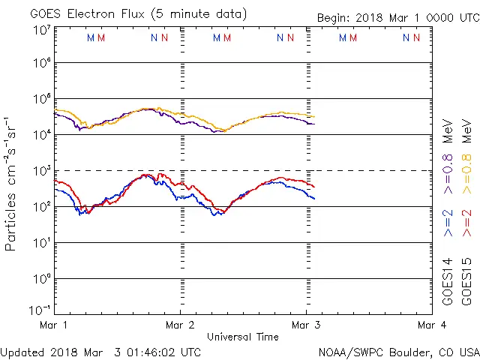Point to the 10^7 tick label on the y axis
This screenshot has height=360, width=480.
point(41,30)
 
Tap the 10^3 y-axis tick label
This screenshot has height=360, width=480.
point(41,169)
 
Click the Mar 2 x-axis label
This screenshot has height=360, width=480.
point(180,325)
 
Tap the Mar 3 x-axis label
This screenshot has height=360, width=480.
point(305,325)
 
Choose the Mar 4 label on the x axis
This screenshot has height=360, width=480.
point(431,325)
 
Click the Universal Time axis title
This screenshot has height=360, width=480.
point(242,337)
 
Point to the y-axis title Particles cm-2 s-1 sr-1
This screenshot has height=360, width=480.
point(10,184)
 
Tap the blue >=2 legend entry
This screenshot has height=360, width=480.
point(448,223)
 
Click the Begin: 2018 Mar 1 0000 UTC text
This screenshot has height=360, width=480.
point(397,17)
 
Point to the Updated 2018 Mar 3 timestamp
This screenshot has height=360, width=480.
point(100,351)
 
